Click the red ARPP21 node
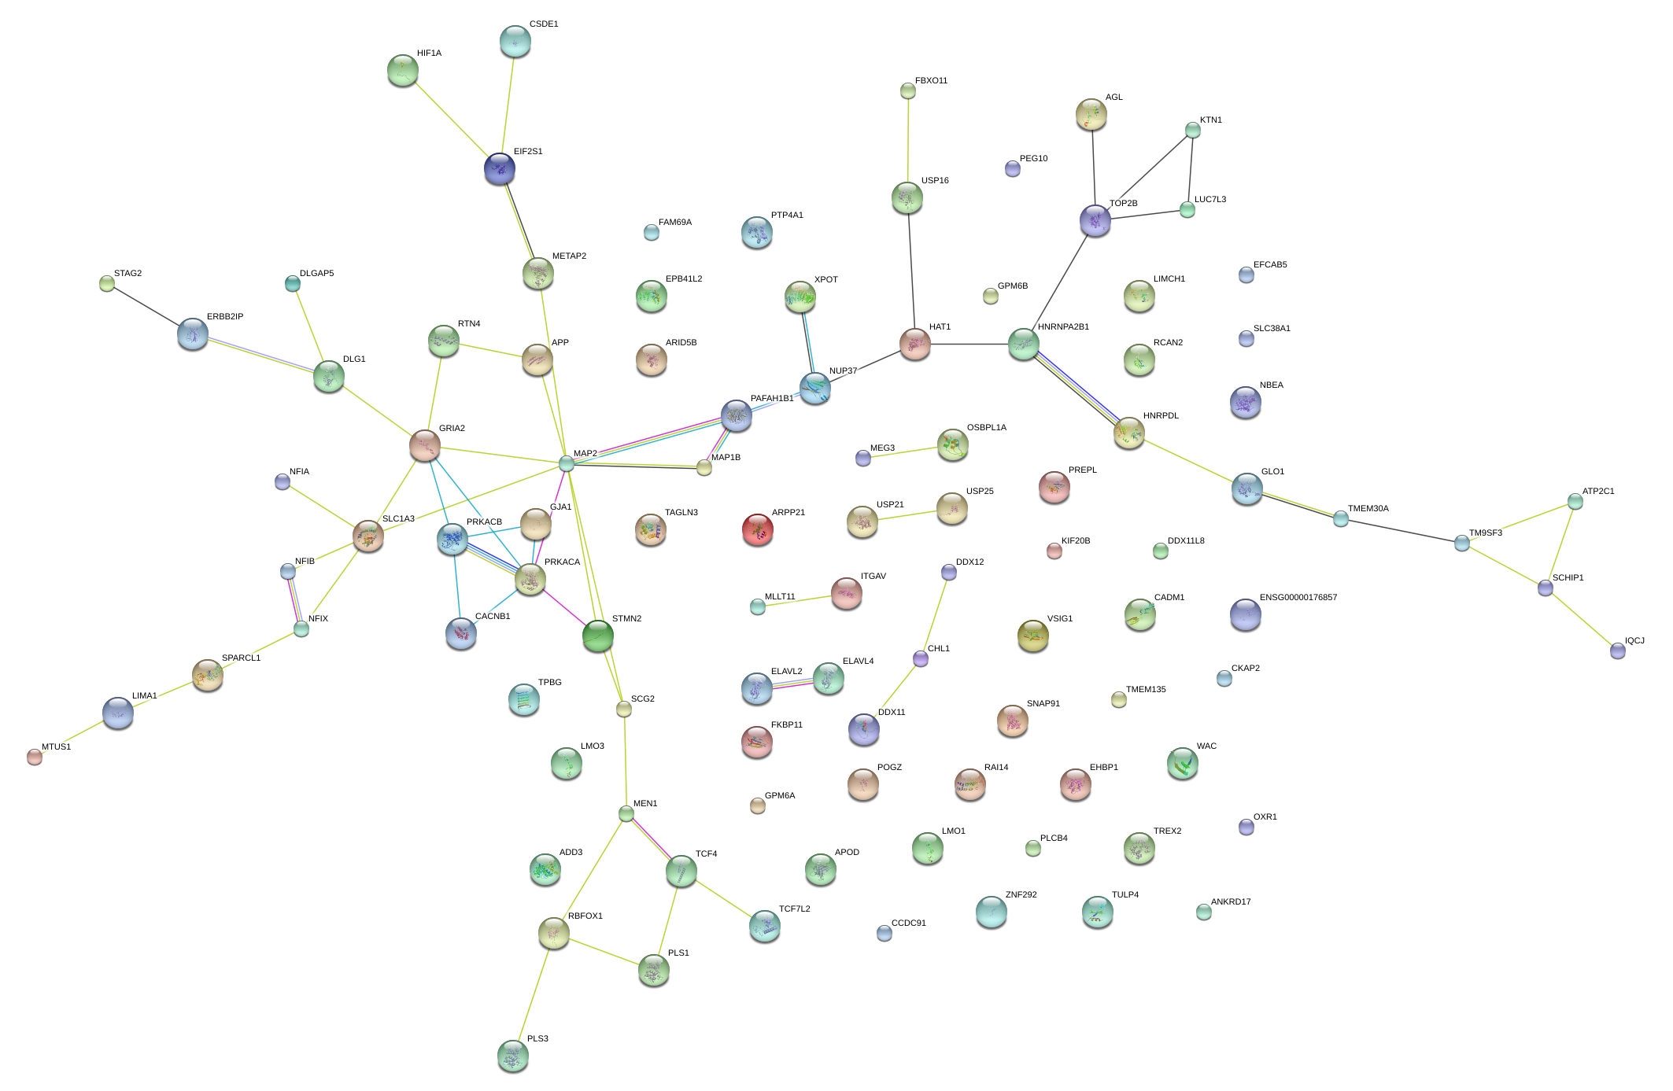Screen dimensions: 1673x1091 coord(757,529)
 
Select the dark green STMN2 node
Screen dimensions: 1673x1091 coord(598,636)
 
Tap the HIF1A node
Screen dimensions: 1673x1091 coord(403,70)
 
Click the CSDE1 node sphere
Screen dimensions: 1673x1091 coord(515,40)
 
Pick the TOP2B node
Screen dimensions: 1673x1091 coord(1095,220)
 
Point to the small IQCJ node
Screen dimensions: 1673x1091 coord(1618,651)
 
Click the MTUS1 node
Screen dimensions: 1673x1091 coord(35,756)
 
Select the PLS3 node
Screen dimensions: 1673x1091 coord(513,1055)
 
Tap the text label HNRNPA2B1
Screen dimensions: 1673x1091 coord(1063,327)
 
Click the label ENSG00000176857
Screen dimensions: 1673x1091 coord(1298,598)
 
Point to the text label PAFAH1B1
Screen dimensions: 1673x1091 coord(772,399)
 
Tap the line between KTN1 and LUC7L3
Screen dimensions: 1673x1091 coord(1191,169)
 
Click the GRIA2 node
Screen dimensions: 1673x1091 coord(425,445)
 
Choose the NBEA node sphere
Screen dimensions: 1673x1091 coord(1246,402)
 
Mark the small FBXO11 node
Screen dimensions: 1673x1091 coord(908,91)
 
